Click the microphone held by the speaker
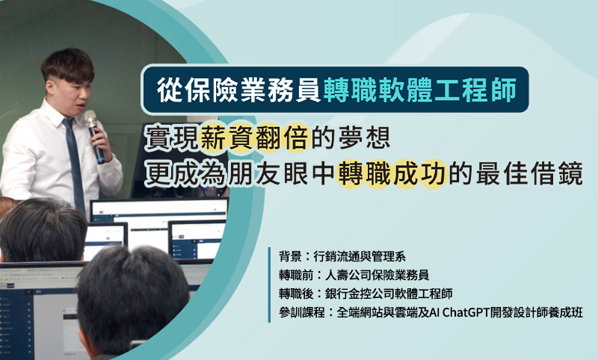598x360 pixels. tap(94, 136)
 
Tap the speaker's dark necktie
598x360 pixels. tap(75, 164)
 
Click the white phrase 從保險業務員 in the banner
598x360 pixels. tap(239, 90)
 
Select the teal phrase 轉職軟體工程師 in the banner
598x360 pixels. tap(420, 90)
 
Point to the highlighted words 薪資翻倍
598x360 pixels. tap(254, 137)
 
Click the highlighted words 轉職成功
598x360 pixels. tap(391, 174)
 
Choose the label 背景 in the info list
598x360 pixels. tap(290, 256)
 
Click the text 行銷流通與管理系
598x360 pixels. tap(360, 256)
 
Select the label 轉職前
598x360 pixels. tap(296, 275)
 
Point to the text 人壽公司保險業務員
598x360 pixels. tap(377, 275)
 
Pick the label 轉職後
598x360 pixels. tap(296, 294)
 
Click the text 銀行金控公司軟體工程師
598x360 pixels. tap(389, 294)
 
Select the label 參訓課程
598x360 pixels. tap(302, 312)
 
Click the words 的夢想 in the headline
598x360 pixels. tap(350, 137)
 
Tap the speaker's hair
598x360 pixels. tap(68, 65)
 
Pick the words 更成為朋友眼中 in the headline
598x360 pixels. tap(241, 174)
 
